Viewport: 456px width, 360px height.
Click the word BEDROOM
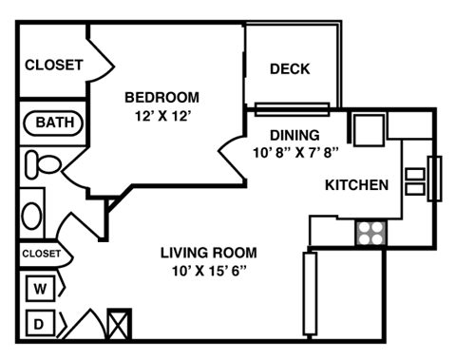(x=162, y=97)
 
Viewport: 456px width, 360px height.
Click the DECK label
(x=291, y=68)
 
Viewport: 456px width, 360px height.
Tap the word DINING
(x=294, y=135)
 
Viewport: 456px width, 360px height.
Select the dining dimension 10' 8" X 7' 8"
(x=296, y=152)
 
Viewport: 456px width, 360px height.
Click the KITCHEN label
(x=357, y=184)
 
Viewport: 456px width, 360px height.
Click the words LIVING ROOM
(x=207, y=252)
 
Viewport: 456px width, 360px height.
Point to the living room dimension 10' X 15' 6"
(x=207, y=270)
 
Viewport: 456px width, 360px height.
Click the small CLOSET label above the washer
(x=41, y=254)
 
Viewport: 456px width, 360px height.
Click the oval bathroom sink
(x=32, y=215)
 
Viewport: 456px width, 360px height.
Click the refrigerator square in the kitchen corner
(x=369, y=127)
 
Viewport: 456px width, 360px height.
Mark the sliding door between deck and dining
(x=292, y=105)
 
